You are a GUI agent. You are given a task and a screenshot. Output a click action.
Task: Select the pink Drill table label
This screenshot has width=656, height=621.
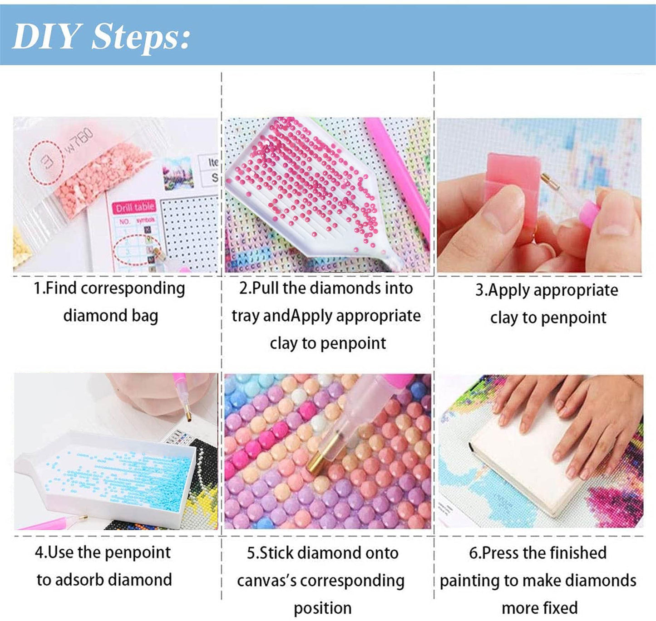point(134,208)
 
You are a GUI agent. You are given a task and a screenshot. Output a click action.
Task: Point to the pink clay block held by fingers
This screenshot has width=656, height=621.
point(513,181)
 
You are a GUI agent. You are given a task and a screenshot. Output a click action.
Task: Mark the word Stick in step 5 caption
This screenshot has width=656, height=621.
point(276,553)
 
